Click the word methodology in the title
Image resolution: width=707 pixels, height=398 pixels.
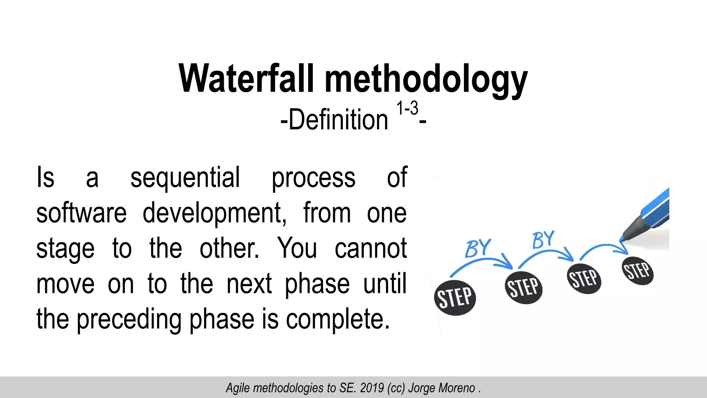tap(426, 80)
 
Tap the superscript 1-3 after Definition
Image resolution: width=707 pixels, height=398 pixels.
tap(407, 108)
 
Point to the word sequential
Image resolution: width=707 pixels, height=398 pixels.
tap(185, 178)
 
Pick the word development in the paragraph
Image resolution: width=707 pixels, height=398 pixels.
tap(214, 214)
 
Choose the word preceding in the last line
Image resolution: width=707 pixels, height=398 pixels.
tap(129, 319)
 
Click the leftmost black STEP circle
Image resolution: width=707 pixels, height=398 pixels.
tap(455, 297)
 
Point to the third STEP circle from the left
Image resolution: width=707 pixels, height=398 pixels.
tap(584, 278)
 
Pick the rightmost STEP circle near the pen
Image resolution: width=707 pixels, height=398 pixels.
tap(638, 271)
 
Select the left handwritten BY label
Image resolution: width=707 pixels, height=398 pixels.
tap(477, 248)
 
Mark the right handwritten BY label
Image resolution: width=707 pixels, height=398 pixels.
tap(543, 239)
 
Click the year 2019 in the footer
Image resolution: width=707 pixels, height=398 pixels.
tap(372, 388)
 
